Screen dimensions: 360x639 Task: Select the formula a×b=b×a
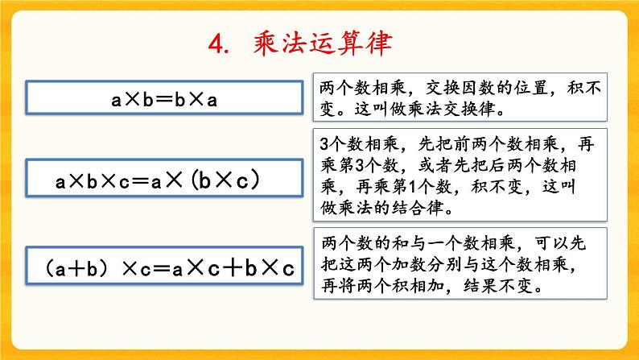coord(165,100)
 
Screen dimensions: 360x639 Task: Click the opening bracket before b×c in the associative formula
coord(198,181)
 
